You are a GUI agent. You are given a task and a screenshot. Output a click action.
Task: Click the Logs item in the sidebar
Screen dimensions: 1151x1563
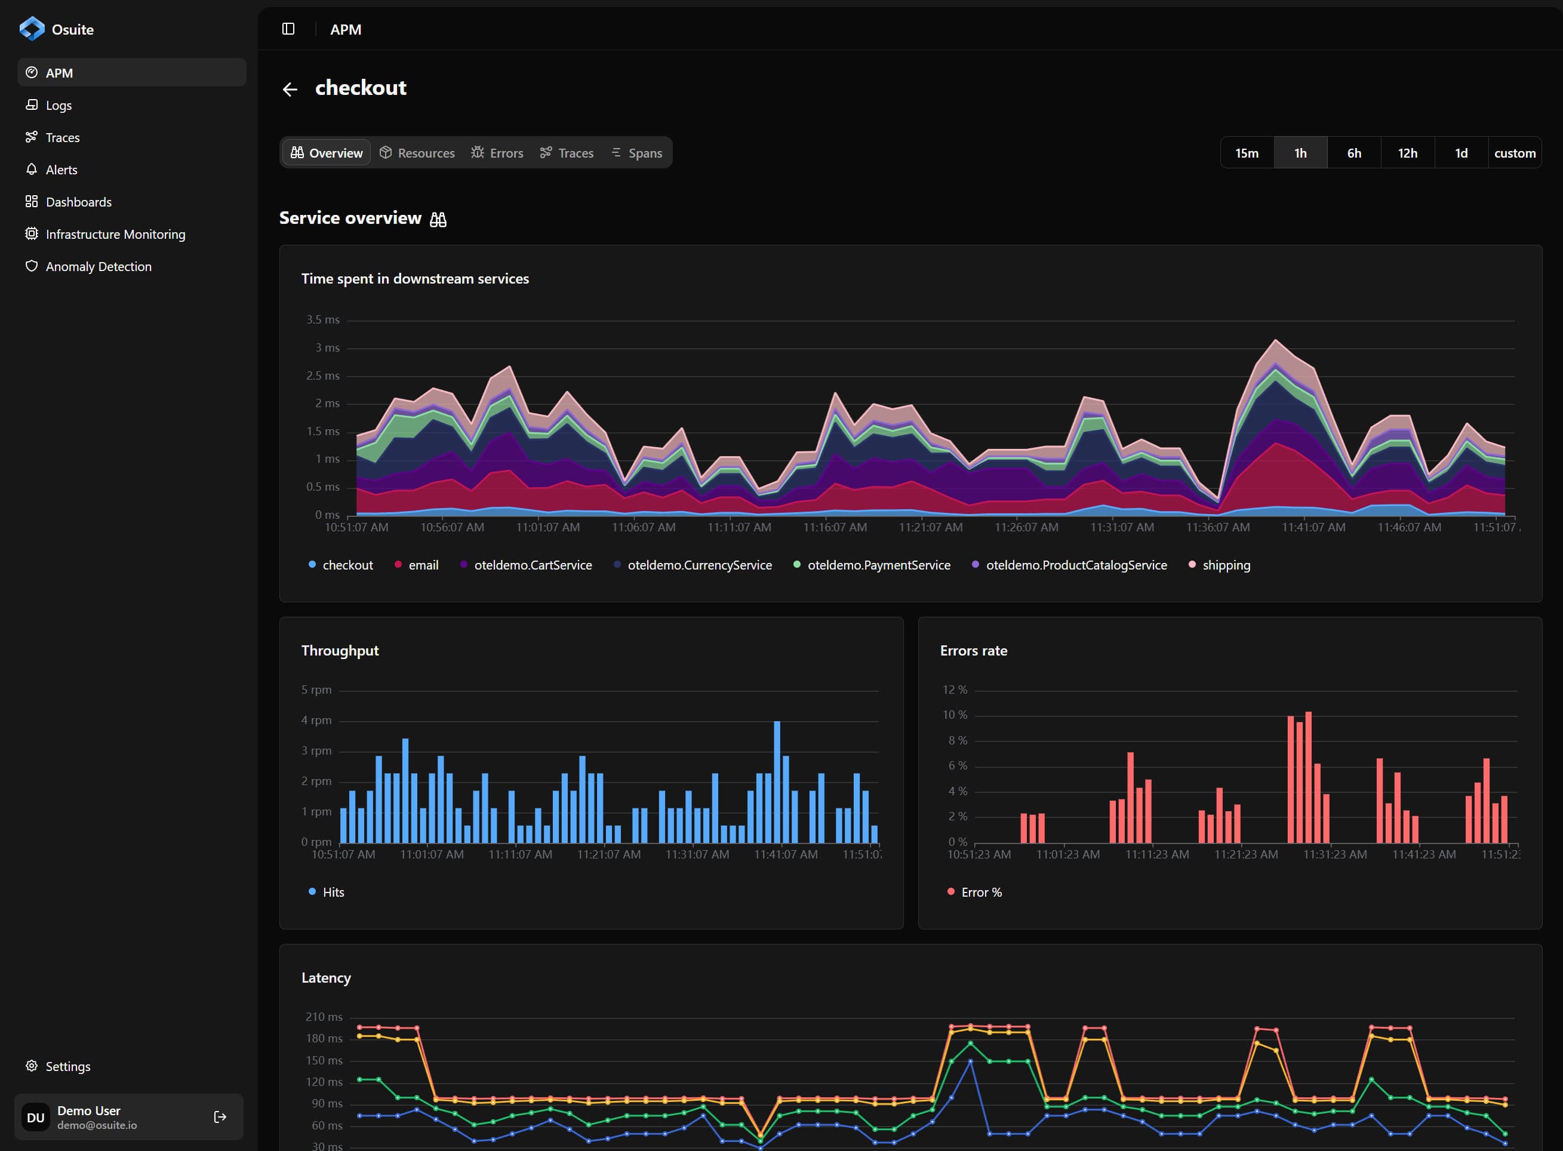tap(59, 105)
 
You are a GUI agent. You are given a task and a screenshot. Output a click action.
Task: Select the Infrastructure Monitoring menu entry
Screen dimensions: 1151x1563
tap(115, 234)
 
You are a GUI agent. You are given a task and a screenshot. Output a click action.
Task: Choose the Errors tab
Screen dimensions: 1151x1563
tap(497, 153)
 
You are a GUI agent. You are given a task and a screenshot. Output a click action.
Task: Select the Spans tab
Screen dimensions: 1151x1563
tap(636, 153)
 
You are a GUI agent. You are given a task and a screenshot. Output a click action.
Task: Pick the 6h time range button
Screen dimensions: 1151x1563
tap(1353, 153)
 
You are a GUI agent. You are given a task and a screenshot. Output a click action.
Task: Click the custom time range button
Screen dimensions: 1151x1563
tap(1514, 153)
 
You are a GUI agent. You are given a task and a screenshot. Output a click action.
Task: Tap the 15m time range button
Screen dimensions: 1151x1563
tap(1246, 153)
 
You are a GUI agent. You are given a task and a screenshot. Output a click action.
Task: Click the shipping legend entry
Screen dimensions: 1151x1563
tap(1225, 565)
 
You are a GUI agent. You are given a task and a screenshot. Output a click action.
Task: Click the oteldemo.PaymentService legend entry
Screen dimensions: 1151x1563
tap(878, 565)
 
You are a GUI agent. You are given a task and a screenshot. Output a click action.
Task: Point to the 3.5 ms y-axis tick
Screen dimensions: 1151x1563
tap(322, 320)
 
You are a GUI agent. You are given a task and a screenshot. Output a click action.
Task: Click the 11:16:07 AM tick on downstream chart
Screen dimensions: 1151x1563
tap(835, 527)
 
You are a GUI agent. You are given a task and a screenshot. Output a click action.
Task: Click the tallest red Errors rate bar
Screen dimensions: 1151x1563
tap(1309, 777)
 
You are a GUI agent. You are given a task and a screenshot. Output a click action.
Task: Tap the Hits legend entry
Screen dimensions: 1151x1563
tap(333, 892)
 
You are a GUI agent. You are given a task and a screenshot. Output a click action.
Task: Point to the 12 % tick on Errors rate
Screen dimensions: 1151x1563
tap(955, 690)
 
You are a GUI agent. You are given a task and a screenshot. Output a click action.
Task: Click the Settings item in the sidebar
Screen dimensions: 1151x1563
tap(67, 1066)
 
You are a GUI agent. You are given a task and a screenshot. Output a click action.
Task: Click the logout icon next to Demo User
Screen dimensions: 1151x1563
tap(220, 1117)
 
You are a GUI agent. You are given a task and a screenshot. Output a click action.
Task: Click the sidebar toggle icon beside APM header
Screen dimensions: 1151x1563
tap(288, 29)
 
